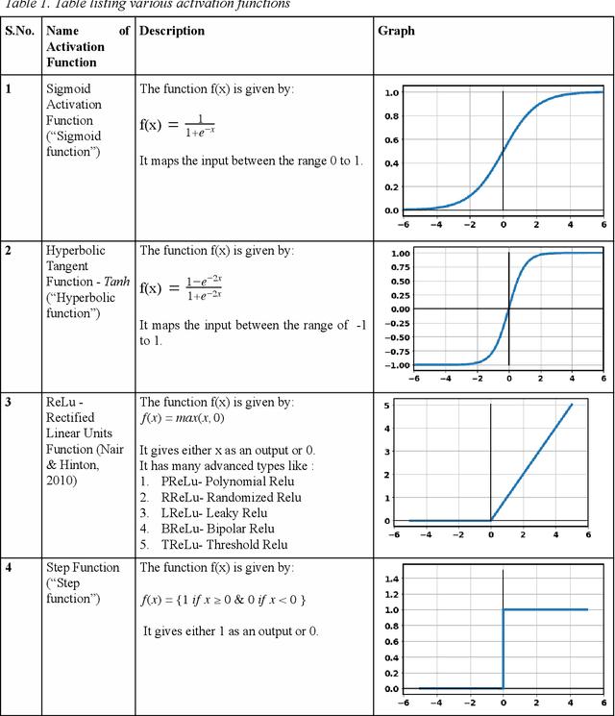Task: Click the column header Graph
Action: coord(396,31)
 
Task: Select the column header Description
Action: coord(172,31)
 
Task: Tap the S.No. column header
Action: coord(20,31)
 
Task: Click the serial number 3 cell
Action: coord(9,402)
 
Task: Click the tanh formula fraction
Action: coord(204,287)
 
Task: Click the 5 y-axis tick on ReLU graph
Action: coord(386,406)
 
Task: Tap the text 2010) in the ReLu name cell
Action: coord(65,480)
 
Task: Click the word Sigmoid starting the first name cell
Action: coord(67,88)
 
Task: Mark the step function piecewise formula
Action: coord(223,600)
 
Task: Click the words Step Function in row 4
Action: coord(83,568)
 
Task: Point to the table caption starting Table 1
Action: coord(145,5)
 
